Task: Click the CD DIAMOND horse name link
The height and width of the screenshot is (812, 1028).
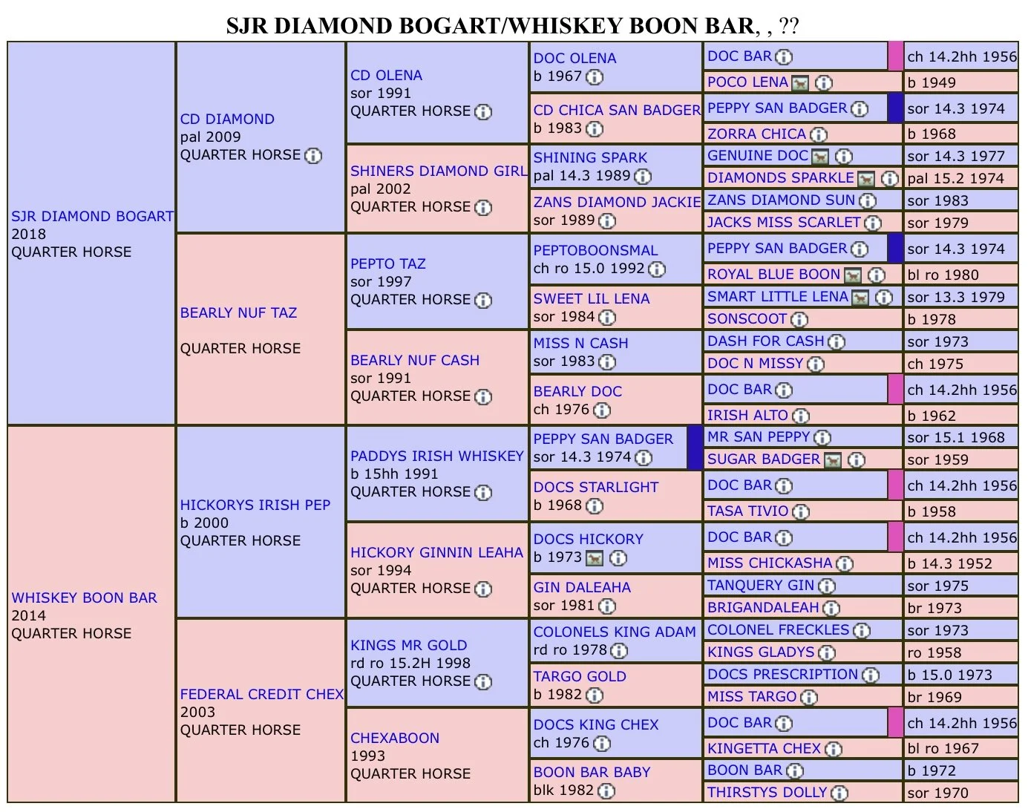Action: point(227,119)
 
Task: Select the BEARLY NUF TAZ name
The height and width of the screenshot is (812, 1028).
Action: point(238,312)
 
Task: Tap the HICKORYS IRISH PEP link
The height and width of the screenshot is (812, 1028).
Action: point(255,505)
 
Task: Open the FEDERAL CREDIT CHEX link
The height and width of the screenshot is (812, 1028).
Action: point(261,694)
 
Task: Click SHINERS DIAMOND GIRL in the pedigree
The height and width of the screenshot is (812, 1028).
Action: point(438,171)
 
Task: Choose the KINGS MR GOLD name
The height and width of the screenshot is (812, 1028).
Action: point(408,645)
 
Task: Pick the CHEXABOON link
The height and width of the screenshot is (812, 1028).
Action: point(395,738)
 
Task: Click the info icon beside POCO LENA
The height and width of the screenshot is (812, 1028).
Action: point(823,82)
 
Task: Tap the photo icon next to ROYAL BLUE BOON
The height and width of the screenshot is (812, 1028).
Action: point(853,275)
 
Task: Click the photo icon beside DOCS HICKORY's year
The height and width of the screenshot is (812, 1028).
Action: point(595,557)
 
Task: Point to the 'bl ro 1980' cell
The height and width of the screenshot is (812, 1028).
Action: point(943,275)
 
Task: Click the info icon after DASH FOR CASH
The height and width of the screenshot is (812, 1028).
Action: point(837,341)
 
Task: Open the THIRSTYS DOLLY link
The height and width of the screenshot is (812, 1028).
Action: point(767,792)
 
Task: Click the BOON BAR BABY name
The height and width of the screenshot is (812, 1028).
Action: point(592,772)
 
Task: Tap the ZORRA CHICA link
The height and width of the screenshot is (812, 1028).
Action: point(756,134)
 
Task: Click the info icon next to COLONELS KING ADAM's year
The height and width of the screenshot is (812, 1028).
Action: point(618,651)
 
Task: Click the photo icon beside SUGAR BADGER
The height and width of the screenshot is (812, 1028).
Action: point(833,460)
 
